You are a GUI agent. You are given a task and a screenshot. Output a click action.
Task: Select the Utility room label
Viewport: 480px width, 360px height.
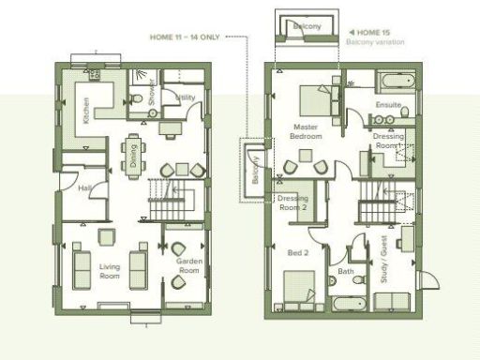(186, 97)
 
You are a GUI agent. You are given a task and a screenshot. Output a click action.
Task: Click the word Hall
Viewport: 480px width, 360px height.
(85, 188)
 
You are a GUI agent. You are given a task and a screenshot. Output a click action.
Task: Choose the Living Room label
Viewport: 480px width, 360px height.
(110, 272)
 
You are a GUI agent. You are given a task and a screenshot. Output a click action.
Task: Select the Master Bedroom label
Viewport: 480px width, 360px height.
(307, 131)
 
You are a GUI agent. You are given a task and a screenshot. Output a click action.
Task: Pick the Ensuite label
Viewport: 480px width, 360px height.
(388, 104)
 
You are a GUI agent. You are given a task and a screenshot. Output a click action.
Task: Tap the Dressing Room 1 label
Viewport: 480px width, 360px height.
(388, 142)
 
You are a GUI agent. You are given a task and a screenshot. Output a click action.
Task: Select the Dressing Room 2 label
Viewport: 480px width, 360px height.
(292, 202)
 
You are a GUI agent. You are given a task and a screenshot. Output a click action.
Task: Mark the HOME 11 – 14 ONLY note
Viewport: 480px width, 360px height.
(187, 37)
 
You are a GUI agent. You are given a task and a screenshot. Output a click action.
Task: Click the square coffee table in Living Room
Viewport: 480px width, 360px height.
(110, 236)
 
